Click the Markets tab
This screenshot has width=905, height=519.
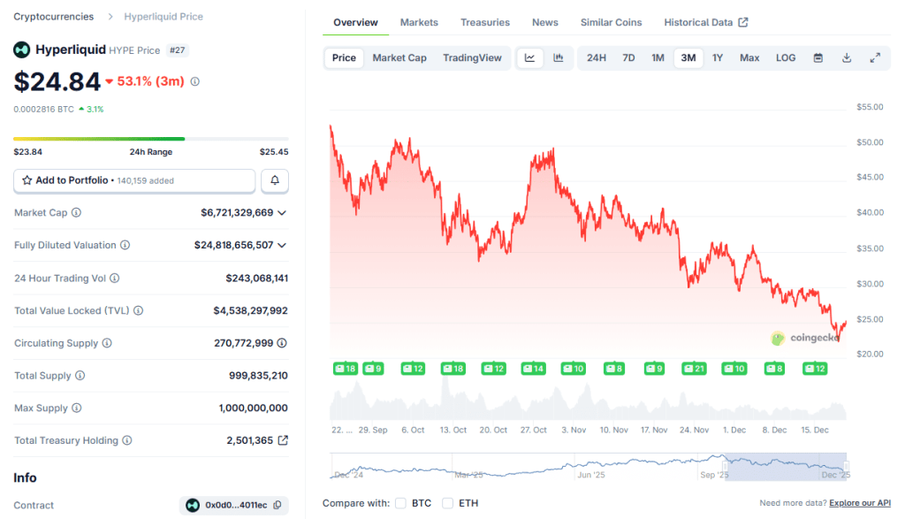(x=418, y=22)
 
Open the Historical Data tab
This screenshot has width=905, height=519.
(x=705, y=22)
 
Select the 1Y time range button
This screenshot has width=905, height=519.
(x=718, y=58)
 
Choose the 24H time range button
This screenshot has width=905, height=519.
(x=597, y=58)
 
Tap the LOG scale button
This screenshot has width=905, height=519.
(x=786, y=58)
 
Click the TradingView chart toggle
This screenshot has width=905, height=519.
(x=472, y=58)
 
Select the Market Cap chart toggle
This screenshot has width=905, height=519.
(x=399, y=58)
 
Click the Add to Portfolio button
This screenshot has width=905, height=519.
(x=134, y=180)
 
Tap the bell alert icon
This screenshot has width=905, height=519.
(x=275, y=180)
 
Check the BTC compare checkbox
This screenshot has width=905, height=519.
(x=400, y=503)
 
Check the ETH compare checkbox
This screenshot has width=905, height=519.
(x=447, y=503)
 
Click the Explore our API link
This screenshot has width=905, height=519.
(x=860, y=503)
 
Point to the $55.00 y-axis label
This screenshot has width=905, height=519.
(x=870, y=107)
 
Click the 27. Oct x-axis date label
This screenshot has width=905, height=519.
(x=534, y=430)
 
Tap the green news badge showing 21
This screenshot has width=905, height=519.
(x=694, y=368)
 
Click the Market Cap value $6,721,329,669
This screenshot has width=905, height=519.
(x=237, y=212)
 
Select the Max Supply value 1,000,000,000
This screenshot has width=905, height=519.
(x=253, y=408)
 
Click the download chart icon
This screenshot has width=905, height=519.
(x=847, y=58)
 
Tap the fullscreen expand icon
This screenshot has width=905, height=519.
(x=875, y=58)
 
